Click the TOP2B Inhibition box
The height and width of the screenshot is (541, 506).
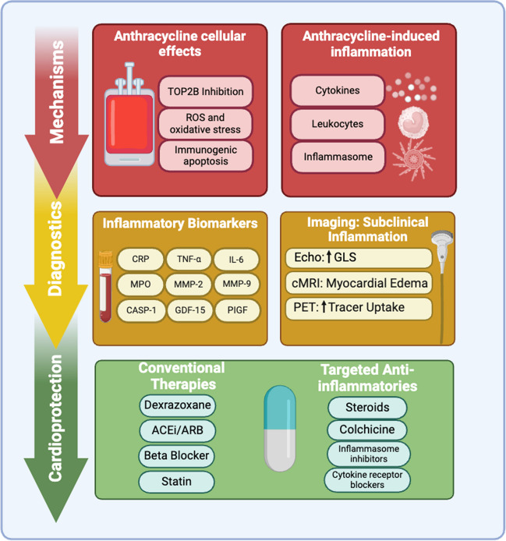tap(205, 91)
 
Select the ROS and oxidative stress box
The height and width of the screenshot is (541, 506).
tap(205, 123)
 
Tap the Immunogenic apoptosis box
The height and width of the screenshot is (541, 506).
tap(206, 156)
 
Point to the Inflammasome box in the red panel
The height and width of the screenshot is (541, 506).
tap(338, 157)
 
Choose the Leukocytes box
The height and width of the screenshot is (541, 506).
tap(338, 124)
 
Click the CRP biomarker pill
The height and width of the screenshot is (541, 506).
tap(140, 259)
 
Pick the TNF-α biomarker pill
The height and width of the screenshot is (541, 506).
tap(189, 259)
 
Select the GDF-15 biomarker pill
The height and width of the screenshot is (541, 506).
tap(189, 310)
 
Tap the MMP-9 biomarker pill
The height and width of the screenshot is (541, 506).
tap(237, 284)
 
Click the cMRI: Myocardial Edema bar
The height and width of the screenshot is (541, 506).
tap(359, 283)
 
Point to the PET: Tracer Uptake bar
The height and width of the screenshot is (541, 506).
tap(359, 308)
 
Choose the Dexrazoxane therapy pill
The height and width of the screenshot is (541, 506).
tap(178, 405)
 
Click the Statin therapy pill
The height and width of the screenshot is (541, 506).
tap(176, 481)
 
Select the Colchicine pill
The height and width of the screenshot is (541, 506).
tap(367, 430)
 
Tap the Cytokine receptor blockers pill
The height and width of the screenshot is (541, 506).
tap(367, 479)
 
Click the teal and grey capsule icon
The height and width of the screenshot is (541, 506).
tap(280, 429)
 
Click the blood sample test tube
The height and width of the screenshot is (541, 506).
tap(105, 287)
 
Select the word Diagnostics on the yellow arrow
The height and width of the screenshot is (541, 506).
tap(55, 249)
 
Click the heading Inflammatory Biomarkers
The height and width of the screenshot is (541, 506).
tap(180, 223)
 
